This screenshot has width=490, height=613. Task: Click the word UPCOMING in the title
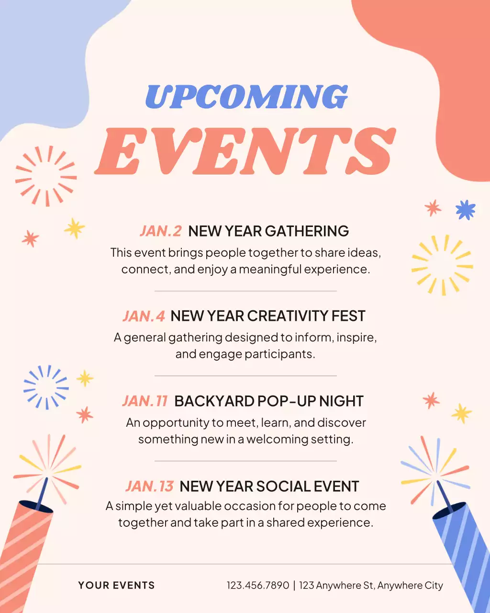click(246, 97)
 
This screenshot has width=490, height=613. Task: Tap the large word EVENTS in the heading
click(245, 151)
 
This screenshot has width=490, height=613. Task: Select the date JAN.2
click(161, 231)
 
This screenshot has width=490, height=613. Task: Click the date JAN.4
click(144, 316)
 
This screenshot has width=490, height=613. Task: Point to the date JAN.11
click(145, 401)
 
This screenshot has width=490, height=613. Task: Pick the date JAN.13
click(149, 487)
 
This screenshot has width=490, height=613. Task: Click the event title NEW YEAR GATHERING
click(268, 231)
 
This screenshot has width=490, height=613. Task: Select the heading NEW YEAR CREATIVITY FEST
click(268, 316)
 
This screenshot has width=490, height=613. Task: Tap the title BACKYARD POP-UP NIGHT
click(269, 401)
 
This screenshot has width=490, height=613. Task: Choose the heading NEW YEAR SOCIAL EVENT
click(269, 487)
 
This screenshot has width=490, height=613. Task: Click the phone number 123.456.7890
click(258, 585)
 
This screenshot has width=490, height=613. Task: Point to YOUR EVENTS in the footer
click(116, 585)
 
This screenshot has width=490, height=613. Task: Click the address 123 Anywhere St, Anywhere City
click(371, 585)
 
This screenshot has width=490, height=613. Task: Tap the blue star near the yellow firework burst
click(465, 210)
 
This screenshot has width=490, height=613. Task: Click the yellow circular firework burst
click(442, 265)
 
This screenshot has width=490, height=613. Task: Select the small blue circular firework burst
click(46, 387)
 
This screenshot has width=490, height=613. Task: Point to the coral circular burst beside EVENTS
click(46, 176)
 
